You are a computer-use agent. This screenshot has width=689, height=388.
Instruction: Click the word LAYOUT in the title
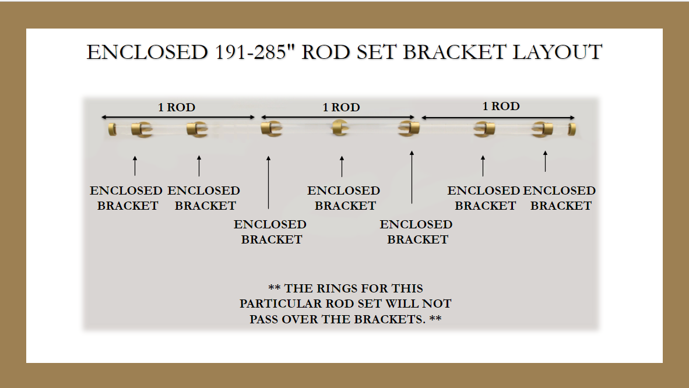click(557, 52)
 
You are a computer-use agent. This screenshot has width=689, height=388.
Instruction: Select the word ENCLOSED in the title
click(147, 52)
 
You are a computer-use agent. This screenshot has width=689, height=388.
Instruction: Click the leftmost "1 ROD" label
click(177, 107)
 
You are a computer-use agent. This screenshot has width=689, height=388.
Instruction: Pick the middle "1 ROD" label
click(342, 107)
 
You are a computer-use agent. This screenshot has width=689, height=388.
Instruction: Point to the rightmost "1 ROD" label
click(501, 107)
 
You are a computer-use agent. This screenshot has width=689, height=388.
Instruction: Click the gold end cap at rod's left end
click(113, 129)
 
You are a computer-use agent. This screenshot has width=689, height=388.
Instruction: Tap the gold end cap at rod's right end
click(572, 129)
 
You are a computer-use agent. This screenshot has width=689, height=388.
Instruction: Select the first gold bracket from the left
click(142, 130)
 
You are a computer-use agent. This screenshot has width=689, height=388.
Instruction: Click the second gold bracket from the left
click(197, 130)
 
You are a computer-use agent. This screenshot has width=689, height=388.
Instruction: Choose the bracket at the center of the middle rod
click(340, 128)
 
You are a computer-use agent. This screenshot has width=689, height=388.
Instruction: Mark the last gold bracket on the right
click(542, 130)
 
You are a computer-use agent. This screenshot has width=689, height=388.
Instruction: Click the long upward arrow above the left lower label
click(269, 182)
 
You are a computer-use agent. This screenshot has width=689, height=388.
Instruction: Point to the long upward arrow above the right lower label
click(412, 177)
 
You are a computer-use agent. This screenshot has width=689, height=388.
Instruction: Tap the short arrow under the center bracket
click(342, 167)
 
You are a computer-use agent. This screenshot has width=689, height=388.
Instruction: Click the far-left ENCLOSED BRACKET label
click(126, 198)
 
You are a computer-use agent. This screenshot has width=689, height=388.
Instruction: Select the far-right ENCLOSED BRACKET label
click(560, 198)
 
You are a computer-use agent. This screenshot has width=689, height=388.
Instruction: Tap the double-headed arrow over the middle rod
click(338, 117)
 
